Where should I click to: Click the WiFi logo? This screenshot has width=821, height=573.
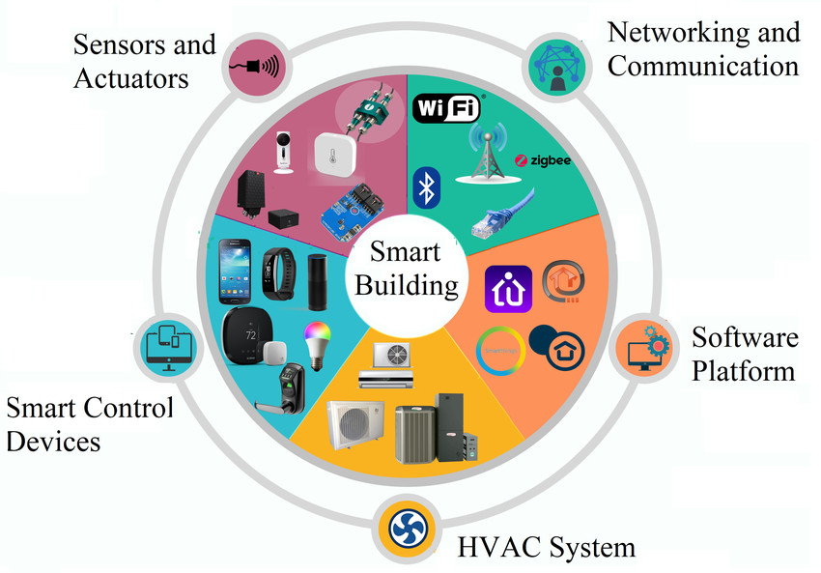point(446,108)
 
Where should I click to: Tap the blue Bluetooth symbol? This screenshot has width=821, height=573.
point(426,188)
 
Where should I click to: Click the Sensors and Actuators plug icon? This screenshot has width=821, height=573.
point(253,68)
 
